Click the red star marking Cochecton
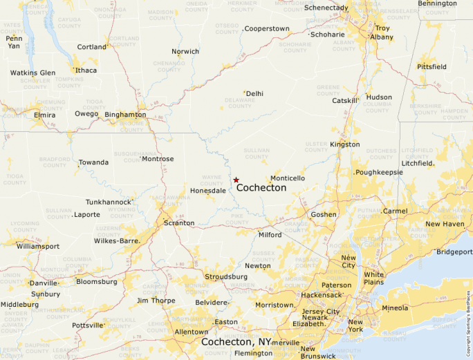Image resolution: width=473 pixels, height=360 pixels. (x=236, y=180)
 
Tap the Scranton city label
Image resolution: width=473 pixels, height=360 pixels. (x=178, y=223)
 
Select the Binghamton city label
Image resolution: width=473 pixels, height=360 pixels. (x=125, y=114)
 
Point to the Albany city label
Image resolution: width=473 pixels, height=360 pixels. (x=382, y=37)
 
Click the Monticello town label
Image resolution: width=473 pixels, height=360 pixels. (x=288, y=178)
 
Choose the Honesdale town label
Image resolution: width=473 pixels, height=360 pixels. (x=208, y=190)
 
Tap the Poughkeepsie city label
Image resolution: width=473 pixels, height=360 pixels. (x=379, y=172)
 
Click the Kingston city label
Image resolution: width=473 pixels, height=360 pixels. (x=345, y=144)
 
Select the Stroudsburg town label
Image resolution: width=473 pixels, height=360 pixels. (x=226, y=276)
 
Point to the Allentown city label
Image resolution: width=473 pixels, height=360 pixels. (x=191, y=332)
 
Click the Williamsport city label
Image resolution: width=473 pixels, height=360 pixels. (x=38, y=245)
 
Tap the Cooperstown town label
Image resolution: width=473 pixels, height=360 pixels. (x=267, y=28)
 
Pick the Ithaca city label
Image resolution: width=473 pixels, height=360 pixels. (x=86, y=70)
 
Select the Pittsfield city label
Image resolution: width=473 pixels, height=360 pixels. (x=432, y=67)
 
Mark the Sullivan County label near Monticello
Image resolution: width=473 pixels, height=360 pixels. (x=257, y=153)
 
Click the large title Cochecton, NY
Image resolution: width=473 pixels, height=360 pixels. (x=236, y=342)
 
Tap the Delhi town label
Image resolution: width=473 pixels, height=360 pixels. (x=254, y=93)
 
